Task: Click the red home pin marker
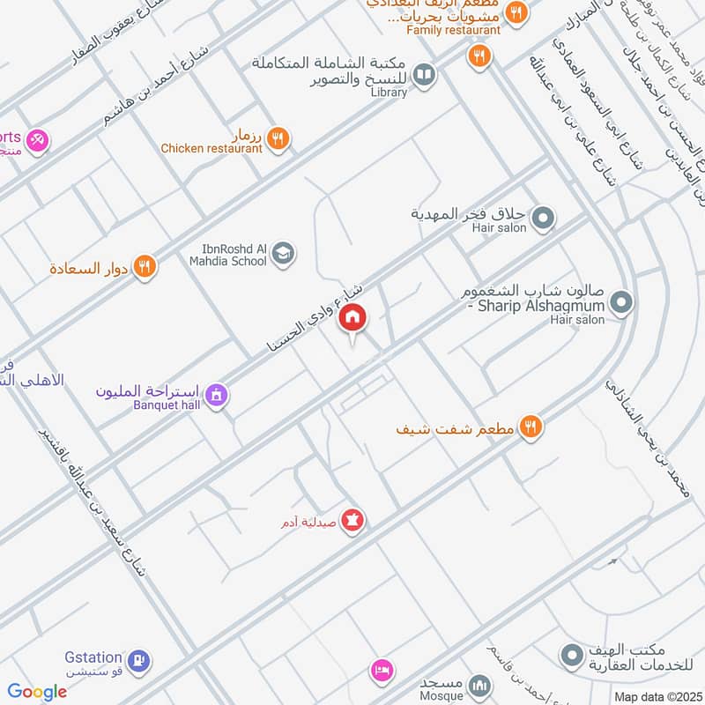pyautogui.click(x=352, y=318)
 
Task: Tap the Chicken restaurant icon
pyautogui.click(x=278, y=138)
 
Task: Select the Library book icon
pyautogui.click(x=424, y=76)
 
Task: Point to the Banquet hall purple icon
pyautogui.click(x=215, y=397)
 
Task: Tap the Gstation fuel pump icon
pyautogui.click(x=138, y=659)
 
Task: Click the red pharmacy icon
pyautogui.click(x=352, y=521)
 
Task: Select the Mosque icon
pyautogui.click(x=479, y=685)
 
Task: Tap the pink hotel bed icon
pyautogui.click(x=381, y=671)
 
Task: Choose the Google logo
pyautogui.click(x=37, y=692)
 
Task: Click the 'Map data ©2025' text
pyautogui.click(x=657, y=697)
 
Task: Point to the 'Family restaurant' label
pyautogui.click(x=454, y=30)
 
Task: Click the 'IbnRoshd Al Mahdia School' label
pyautogui.click(x=227, y=255)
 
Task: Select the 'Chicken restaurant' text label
pyautogui.click(x=211, y=149)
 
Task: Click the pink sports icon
pyautogui.click(x=36, y=138)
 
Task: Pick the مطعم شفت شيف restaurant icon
pyautogui.click(x=530, y=427)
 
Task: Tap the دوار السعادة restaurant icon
pyautogui.click(x=145, y=265)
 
